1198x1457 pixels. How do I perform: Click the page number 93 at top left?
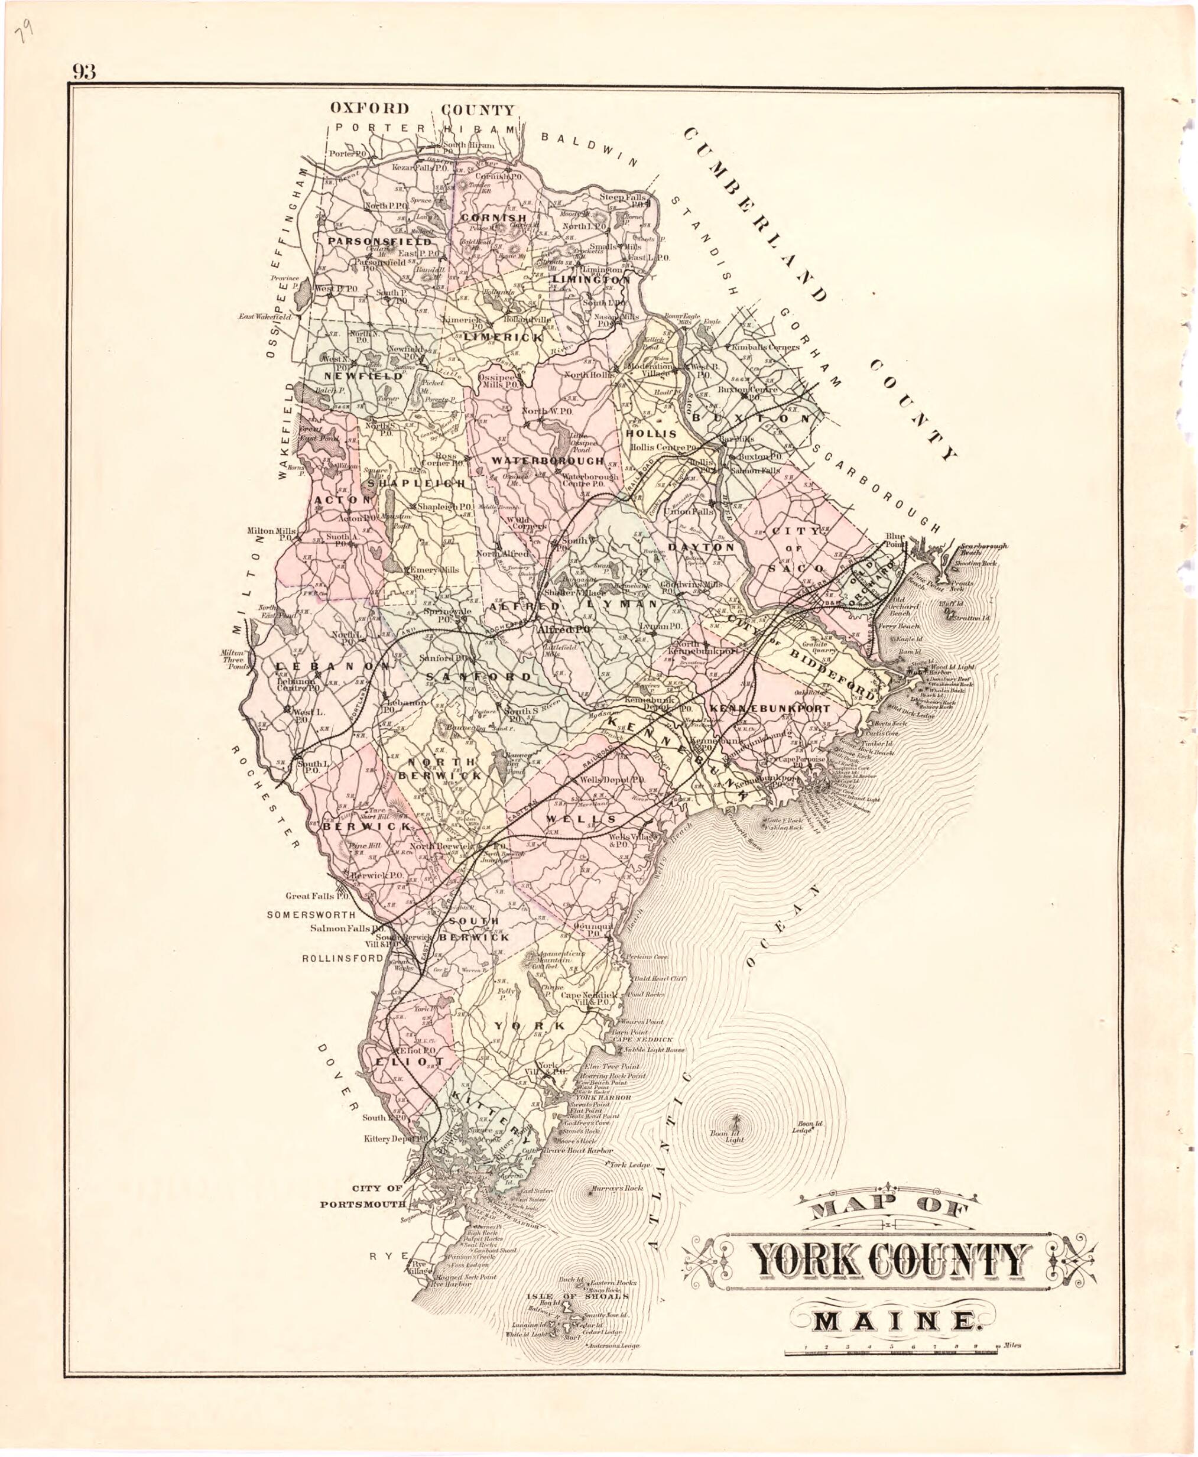point(83,72)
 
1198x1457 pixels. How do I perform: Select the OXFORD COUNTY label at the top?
point(421,108)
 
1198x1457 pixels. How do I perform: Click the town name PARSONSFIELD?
point(379,242)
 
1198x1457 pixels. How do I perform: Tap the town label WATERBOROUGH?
point(547,460)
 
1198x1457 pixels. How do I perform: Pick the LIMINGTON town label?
point(590,280)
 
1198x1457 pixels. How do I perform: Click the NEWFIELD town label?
point(354,377)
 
